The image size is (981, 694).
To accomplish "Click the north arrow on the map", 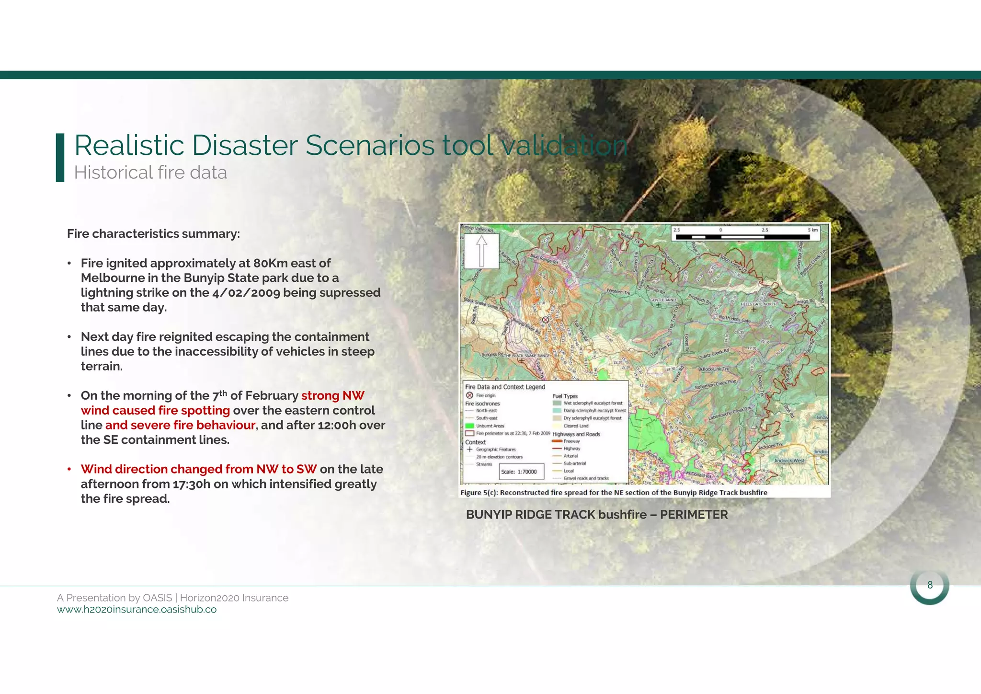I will (x=481, y=251).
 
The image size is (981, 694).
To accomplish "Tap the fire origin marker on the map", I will (x=545, y=320).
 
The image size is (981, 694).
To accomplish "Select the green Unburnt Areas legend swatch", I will (x=469, y=426).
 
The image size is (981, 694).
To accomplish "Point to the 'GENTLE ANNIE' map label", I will (x=663, y=300).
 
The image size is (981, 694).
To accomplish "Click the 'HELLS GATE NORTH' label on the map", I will (x=759, y=304).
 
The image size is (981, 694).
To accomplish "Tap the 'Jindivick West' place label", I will (x=788, y=461).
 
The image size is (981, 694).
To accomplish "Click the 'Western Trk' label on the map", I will (x=618, y=291).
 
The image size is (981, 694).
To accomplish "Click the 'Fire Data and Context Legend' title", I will (x=505, y=387).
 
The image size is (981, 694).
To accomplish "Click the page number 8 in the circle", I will (x=930, y=585).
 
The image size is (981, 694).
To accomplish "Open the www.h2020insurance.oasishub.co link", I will (x=137, y=610).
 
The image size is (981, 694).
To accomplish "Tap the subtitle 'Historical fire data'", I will (x=150, y=173).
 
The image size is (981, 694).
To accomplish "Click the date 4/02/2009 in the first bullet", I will (x=246, y=293).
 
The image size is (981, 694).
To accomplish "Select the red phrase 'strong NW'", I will (x=332, y=395).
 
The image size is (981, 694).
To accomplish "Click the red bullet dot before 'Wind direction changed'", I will (x=70, y=469).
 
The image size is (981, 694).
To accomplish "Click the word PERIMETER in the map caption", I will (x=694, y=515).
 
